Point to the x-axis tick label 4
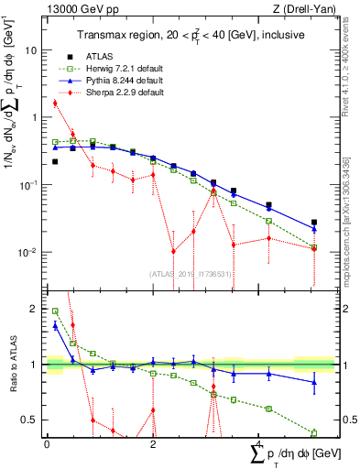(x=260, y=443)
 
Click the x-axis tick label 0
(x=46, y=443)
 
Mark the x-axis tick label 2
(x=153, y=443)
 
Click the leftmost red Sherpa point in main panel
(x=55, y=103)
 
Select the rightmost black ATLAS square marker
(x=314, y=222)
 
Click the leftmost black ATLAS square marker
(x=55, y=161)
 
